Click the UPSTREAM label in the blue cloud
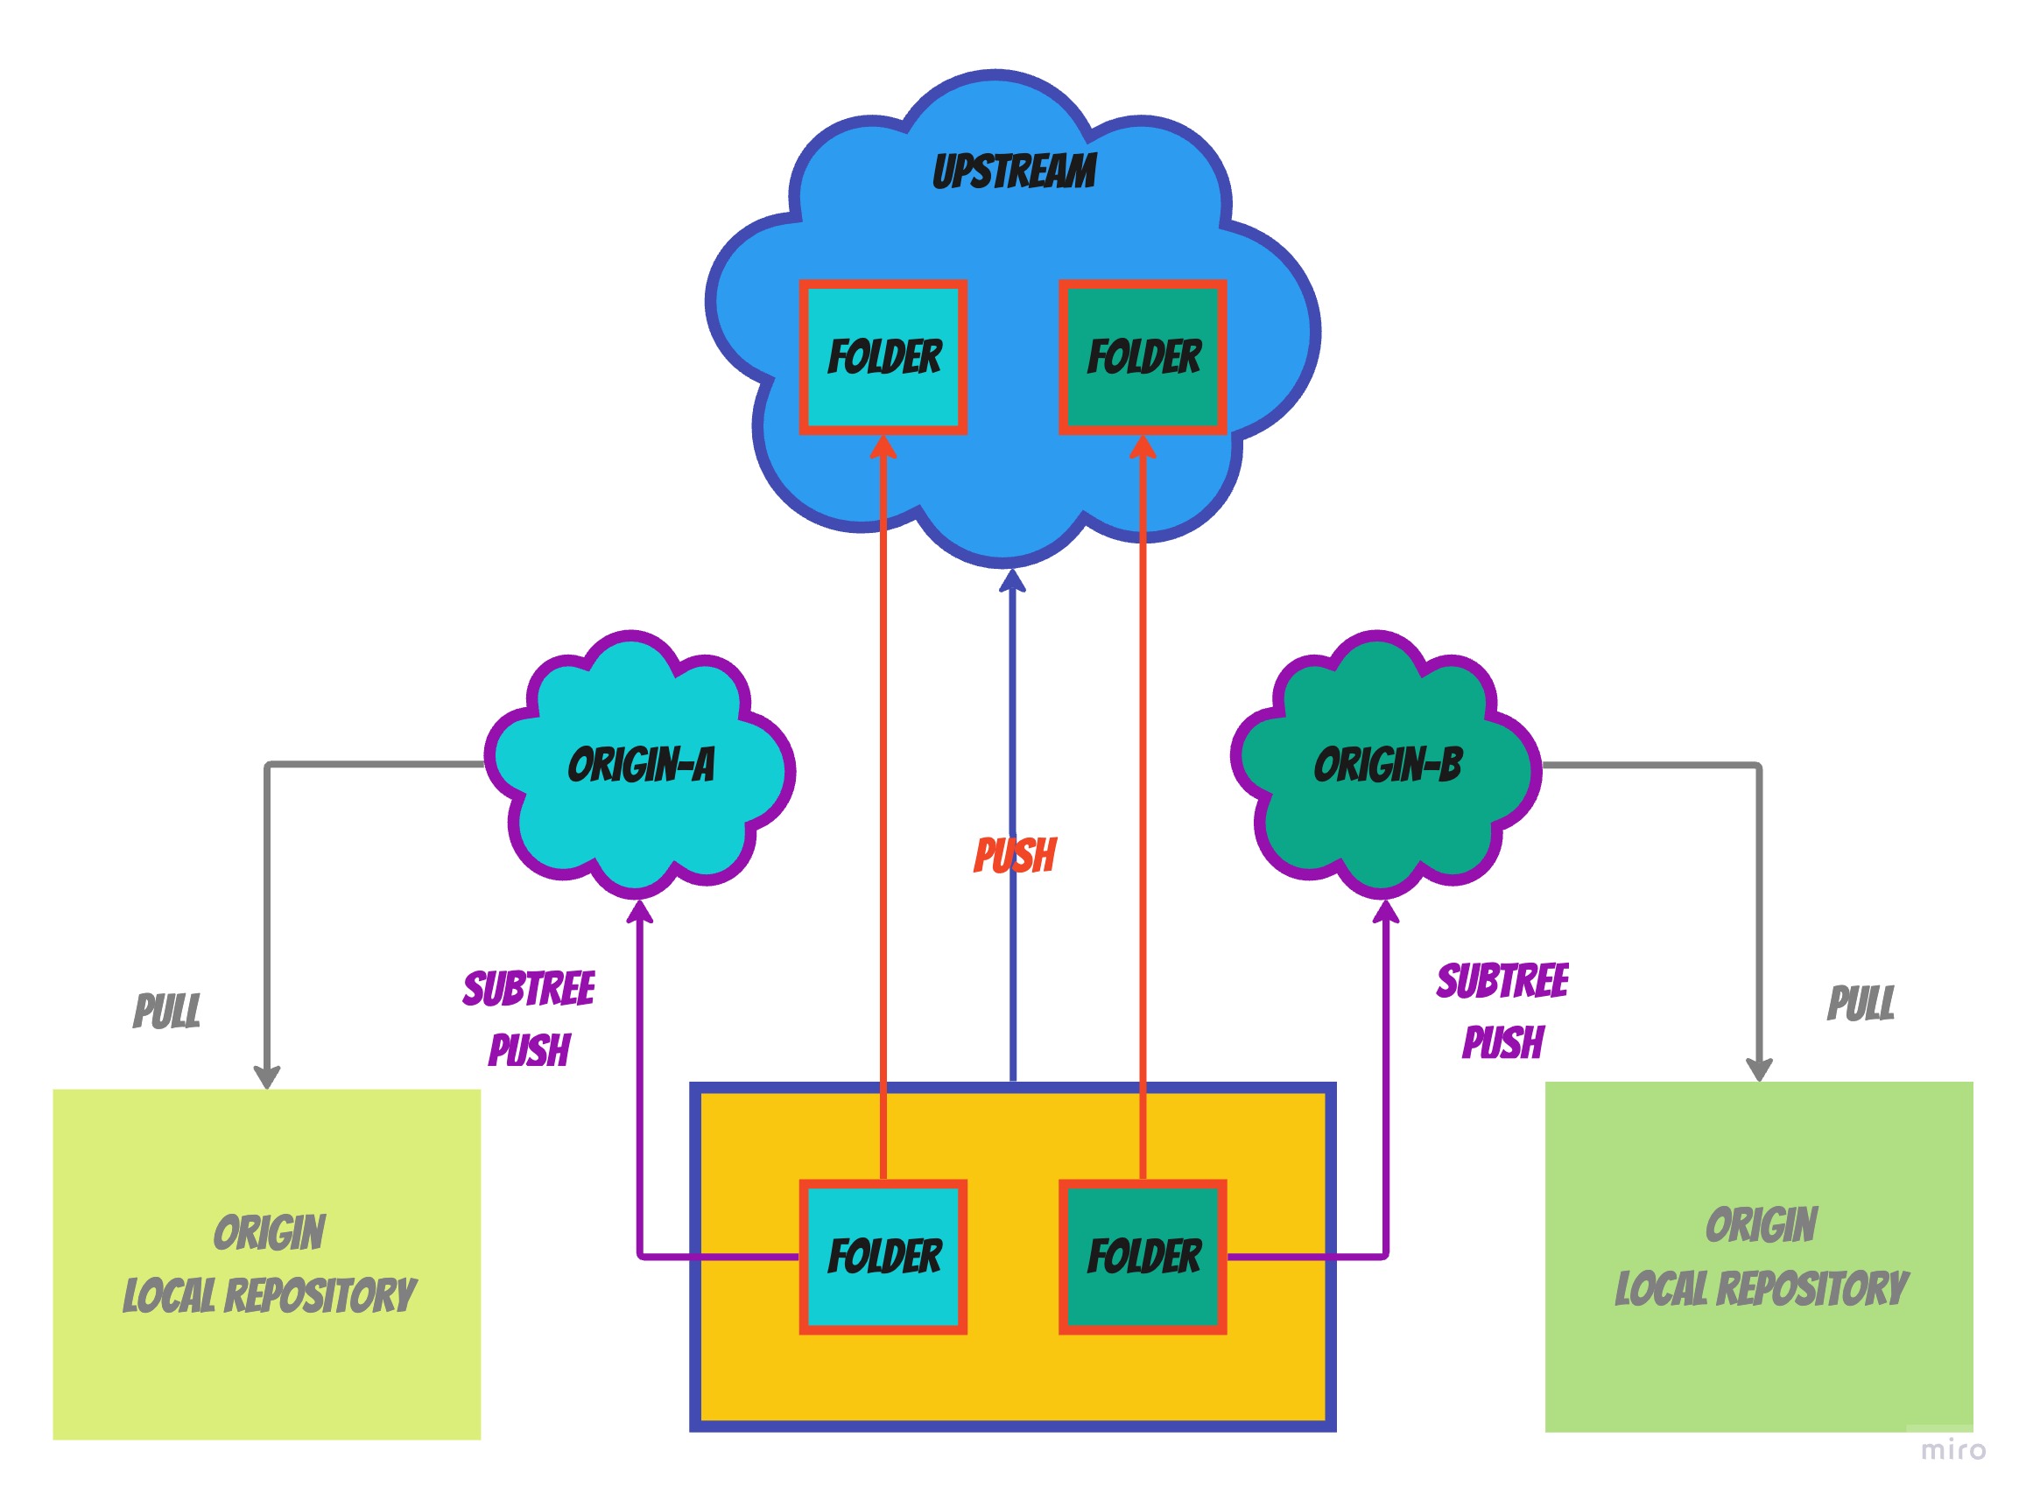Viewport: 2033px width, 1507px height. [1014, 172]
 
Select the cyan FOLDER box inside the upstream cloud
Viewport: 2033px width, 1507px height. [883, 357]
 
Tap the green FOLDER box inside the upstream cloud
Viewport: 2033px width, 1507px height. [1143, 357]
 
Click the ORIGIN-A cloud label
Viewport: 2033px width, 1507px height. [641, 765]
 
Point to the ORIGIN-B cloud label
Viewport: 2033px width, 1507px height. [1387, 765]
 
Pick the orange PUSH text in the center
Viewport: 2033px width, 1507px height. [1015, 856]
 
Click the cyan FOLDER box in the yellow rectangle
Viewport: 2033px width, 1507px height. [883, 1257]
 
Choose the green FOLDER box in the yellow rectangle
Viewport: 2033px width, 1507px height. [1143, 1257]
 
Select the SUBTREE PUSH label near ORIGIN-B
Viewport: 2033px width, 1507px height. [1502, 1012]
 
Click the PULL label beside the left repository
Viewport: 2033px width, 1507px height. [167, 1011]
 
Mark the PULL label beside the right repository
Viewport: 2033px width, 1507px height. [1861, 1004]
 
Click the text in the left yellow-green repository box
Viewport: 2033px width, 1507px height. [269, 1265]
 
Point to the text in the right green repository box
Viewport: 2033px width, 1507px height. [1761, 1257]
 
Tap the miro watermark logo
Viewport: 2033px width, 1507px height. [1952, 1449]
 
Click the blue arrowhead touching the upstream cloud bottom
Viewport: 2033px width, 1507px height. [1012, 580]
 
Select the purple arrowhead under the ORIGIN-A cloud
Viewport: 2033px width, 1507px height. [640, 911]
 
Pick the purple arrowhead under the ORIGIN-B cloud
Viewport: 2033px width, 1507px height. [1385, 911]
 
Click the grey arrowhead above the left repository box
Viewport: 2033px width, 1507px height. [266, 1076]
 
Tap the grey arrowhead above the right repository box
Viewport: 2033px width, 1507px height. [1759, 1069]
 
